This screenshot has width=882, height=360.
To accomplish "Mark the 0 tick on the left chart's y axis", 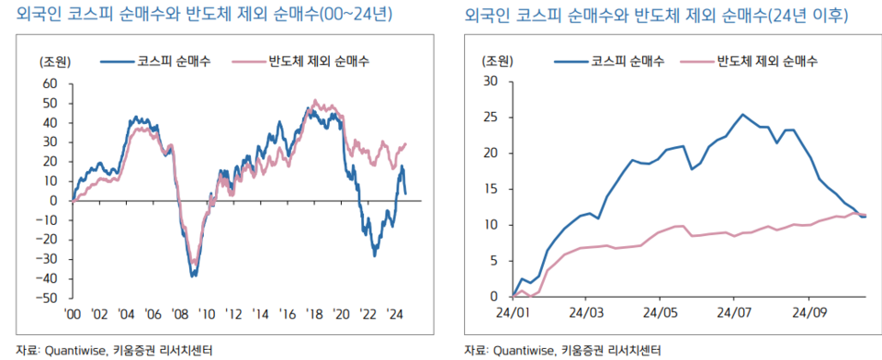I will pyautogui.click(x=53, y=200).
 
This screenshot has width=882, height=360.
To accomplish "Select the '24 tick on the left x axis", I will pyautogui.click(x=397, y=312).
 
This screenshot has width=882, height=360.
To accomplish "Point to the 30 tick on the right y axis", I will pyautogui.click(x=490, y=81).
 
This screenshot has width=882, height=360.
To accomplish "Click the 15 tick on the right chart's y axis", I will pyautogui.click(x=490, y=189).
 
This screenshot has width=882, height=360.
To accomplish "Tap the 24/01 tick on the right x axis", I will pyautogui.click(x=512, y=311).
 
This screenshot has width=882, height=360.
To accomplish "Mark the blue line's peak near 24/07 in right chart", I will pyautogui.click(x=742, y=115).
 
